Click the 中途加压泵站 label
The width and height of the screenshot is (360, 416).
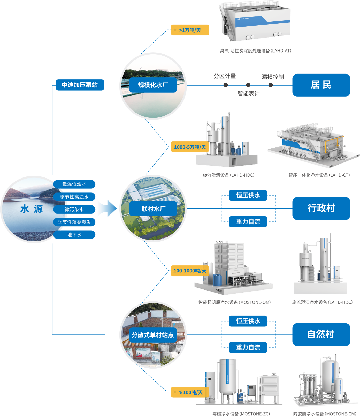[x=80, y=85]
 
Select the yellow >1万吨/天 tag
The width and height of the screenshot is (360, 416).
[x=190, y=30]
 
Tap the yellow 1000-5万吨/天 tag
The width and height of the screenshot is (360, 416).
[x=190, y=147]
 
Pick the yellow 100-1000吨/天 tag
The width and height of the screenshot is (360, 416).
[x=190, y=271]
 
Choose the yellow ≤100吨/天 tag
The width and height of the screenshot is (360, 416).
[x=190, y=392]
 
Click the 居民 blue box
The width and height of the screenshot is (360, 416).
[x=321, y=85]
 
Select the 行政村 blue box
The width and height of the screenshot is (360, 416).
[x=321, y=209]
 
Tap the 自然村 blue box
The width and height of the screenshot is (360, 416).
[x=321, y=335]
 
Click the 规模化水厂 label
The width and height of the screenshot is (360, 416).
[x=153, y=85]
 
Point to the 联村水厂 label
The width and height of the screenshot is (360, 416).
[x=153, y=209]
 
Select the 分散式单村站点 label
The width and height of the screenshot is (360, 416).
[x=153, y=335]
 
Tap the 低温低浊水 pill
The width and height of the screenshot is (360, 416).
[x=74, y=184]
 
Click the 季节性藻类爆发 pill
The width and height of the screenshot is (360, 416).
[x=74, y=222]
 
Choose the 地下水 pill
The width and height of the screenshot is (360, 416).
[x=74, y=235]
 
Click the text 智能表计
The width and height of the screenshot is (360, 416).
[x=249, y=93]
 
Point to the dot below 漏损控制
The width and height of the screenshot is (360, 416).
[x=271, y=85]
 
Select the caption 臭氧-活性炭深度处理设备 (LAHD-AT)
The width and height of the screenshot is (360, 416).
[x=256, y=51]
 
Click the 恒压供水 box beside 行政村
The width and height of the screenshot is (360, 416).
[x=248, y=195]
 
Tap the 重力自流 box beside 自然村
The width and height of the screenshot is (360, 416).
[x=248, y=347]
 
